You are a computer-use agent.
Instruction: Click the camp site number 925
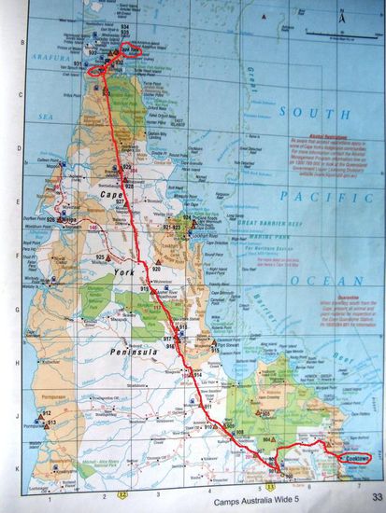pyautogui.click(x=100, y=256)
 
